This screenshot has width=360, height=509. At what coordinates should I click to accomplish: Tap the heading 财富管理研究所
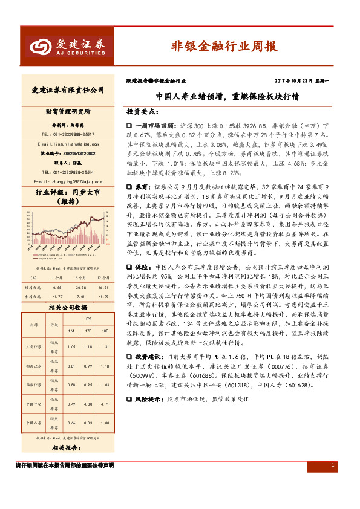tap(68, 112)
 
